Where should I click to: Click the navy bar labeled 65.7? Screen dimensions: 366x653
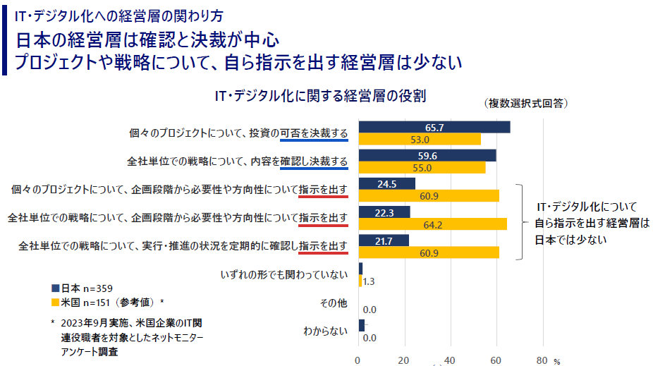point(434,128)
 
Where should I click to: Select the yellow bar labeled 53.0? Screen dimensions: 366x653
point(420,140)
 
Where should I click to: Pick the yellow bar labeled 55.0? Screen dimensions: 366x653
point(422,168)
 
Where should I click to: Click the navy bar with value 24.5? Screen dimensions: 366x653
point(386,184)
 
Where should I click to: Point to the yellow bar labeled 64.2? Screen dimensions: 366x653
point(432,224)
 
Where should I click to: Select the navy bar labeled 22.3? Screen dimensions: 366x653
point(384,212)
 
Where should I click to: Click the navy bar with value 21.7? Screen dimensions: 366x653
point(384,240)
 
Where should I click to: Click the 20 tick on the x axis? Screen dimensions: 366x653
point(405,359)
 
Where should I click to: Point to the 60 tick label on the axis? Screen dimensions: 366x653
point(496,359)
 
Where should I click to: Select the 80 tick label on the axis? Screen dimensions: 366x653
point(542,359)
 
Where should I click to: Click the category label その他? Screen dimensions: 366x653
point(334,303)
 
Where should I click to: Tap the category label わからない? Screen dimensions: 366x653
point(325,329)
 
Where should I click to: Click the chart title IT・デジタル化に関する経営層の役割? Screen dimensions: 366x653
point(325,95)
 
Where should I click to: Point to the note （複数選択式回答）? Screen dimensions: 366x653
point(526,103)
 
